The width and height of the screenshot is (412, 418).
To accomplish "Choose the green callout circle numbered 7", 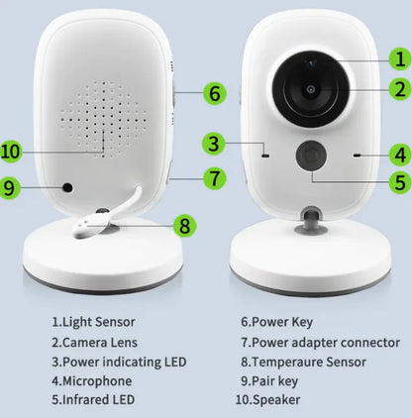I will (x=214, y=179).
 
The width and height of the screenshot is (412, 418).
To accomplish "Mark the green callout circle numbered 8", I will (x=182, y=224).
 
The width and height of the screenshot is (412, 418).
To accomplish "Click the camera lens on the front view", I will (x=310, y=89).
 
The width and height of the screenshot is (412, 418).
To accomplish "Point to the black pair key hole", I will (x=67, y=187).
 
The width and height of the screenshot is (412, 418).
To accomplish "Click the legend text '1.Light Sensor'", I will (x=93, y=322).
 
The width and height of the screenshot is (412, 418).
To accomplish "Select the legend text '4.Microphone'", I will (x=92, y=381).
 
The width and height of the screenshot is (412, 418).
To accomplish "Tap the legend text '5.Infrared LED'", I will (x=99, y=401).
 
